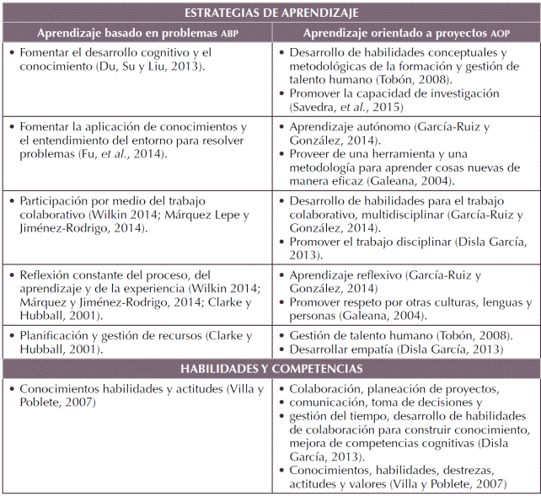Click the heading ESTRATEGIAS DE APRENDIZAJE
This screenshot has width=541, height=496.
270,13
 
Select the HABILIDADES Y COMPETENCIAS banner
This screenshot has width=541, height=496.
270,369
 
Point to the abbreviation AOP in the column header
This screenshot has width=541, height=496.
501,34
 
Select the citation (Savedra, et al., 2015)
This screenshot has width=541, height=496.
345,107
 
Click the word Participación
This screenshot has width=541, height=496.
56,202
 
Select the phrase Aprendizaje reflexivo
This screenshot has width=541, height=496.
345,275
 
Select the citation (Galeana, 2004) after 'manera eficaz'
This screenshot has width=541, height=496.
409,180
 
